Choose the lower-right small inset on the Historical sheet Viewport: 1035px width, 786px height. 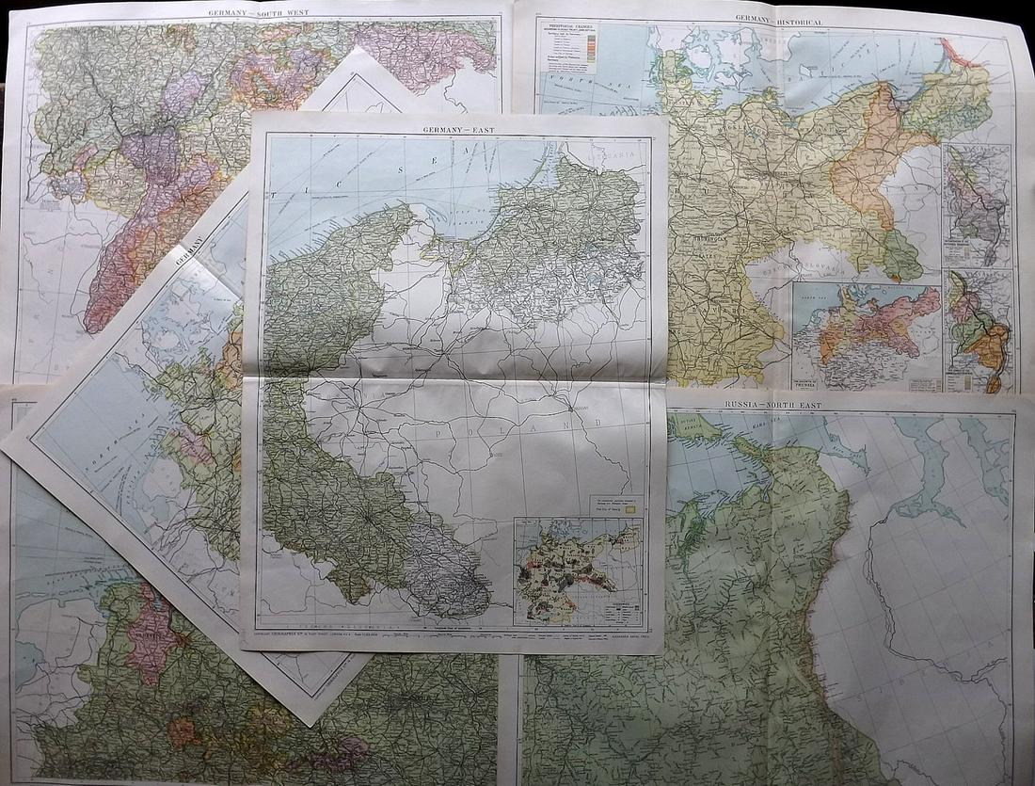point(979,329)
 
